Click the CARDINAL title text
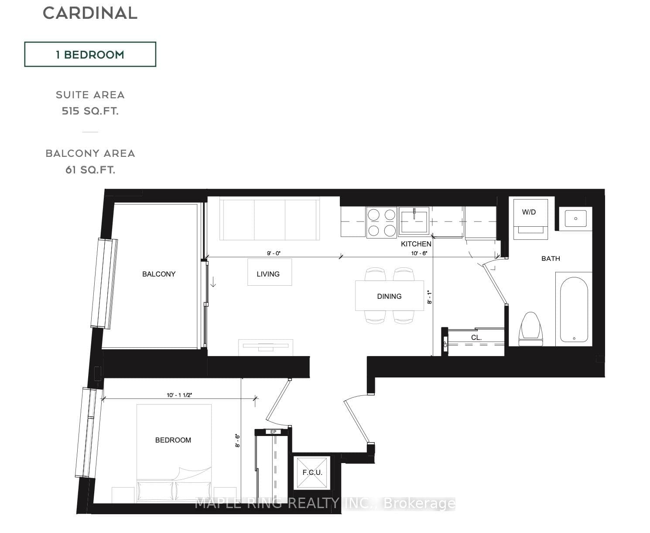point(90,13)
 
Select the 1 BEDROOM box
point(90,54)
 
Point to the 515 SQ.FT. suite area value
point(90,111)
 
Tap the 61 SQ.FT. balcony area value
point(90,170)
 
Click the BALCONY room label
point(159,274)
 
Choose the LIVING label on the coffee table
point(268,274)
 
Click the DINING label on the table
point(389,296)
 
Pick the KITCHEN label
point(416,244)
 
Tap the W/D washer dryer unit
point(530,219)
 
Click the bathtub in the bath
point(574,309)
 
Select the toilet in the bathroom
point(531,329)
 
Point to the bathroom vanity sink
point(575,218)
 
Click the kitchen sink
point(414,220)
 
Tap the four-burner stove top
point(382,222)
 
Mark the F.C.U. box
point(312,473)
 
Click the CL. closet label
point(476,338)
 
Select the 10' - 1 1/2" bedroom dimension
point(179,395)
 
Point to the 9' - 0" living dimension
point(274,253)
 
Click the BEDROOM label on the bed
point(173,440)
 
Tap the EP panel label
point(274,432)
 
